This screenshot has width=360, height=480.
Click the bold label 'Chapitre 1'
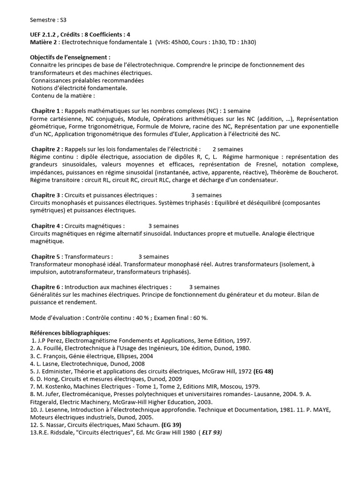[x=46, y=111]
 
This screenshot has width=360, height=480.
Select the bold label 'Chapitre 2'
[x=46, y=149]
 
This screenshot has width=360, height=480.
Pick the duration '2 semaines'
[x=229, y=149]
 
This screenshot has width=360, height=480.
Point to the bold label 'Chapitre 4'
[x=47, y=225]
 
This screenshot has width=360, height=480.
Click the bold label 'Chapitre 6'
[x=47, y=287]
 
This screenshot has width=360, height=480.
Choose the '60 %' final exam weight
[x=198, y=317]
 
